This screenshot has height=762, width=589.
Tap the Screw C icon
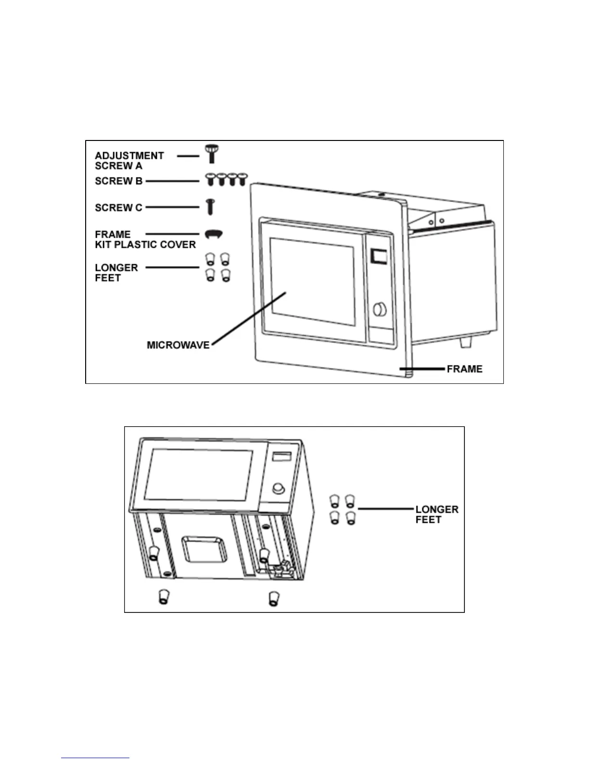[210, 207]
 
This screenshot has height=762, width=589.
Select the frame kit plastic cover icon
[214, 234]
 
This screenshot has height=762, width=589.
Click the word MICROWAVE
[178, 345]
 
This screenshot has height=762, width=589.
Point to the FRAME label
[464, 369]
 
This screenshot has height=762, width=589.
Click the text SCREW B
[118, 181]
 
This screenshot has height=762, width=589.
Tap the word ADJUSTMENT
[129, 156]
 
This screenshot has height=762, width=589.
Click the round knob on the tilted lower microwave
[278, 489]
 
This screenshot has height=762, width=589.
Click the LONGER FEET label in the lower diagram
[436, 514]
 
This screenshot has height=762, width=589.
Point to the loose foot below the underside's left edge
[163, 598]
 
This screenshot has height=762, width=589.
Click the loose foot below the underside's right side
[273, 598]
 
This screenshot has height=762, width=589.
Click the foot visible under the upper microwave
[466, 342]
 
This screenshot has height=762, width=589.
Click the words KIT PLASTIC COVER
[145, 245]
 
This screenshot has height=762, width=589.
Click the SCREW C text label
[118, 208]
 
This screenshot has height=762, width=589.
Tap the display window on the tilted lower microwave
[279, 457]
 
